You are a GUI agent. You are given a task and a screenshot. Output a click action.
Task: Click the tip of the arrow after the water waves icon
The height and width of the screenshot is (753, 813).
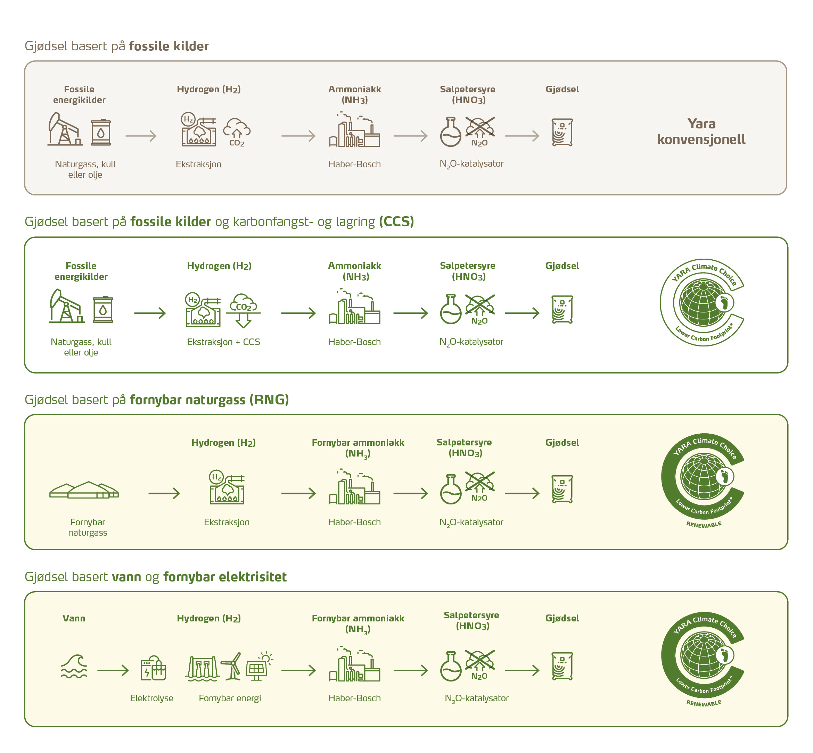129,670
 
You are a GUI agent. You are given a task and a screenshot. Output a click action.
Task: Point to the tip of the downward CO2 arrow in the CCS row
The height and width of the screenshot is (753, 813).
244,328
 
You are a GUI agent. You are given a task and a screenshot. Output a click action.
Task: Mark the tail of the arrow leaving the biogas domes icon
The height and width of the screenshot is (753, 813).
149,493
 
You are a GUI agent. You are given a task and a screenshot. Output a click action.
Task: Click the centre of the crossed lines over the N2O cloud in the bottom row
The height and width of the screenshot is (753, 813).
480,660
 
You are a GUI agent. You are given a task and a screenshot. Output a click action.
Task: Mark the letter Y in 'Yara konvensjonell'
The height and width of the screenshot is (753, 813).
692,124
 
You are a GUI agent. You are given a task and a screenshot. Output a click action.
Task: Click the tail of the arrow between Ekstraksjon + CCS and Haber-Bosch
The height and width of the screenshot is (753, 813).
281,313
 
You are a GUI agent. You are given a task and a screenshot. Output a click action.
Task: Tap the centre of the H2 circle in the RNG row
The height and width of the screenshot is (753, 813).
216,477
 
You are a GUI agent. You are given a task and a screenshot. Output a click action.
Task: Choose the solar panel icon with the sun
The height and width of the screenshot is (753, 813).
259,666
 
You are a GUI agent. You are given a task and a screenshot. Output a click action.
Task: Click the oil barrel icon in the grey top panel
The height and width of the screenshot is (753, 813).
101,132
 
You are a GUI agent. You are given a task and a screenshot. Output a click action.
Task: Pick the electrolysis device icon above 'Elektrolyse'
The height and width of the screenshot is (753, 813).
153,668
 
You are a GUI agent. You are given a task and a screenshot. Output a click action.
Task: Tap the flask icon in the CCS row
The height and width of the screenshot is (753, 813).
451,309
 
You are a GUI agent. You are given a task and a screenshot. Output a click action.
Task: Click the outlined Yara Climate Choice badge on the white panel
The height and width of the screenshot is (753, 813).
702,302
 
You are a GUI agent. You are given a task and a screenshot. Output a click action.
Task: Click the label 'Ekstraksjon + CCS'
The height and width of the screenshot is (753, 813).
223,342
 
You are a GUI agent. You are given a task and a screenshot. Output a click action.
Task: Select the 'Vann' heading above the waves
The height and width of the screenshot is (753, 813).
74,618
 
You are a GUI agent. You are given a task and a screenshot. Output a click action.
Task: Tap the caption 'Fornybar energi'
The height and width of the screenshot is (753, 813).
230,698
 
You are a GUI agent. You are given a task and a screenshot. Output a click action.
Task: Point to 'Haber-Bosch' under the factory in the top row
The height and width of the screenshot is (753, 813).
355,164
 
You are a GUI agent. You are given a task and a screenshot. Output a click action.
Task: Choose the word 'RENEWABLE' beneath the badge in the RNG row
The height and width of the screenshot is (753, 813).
704,525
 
